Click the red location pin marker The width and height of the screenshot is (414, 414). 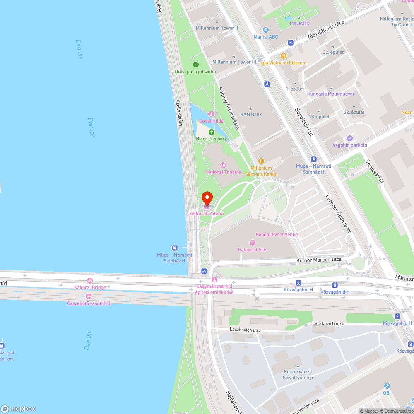click(207, 198)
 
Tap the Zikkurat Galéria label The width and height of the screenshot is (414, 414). click(206, 214)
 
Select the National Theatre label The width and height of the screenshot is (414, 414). click(223, 172)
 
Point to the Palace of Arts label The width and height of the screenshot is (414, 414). click(253, 249)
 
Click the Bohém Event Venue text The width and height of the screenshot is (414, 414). click(277, 234)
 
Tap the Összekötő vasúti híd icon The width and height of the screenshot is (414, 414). click(89, 296)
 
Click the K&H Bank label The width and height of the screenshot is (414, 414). click(251, 114)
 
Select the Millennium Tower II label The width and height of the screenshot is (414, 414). click(217, 28)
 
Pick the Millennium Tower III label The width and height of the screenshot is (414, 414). click(234, 62)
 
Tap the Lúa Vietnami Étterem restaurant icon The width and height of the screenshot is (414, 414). click(284, 55)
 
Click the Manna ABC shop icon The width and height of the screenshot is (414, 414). click(266, 30)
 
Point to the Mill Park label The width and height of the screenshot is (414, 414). click(299, 24)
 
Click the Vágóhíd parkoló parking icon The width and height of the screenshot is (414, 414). click(350, 138)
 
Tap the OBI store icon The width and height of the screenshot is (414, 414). click(387, 385)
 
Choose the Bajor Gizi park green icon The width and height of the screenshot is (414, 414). click(212, 132)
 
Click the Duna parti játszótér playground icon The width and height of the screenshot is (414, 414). click(195, 64)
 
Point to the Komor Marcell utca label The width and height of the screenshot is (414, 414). click(319, 260)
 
